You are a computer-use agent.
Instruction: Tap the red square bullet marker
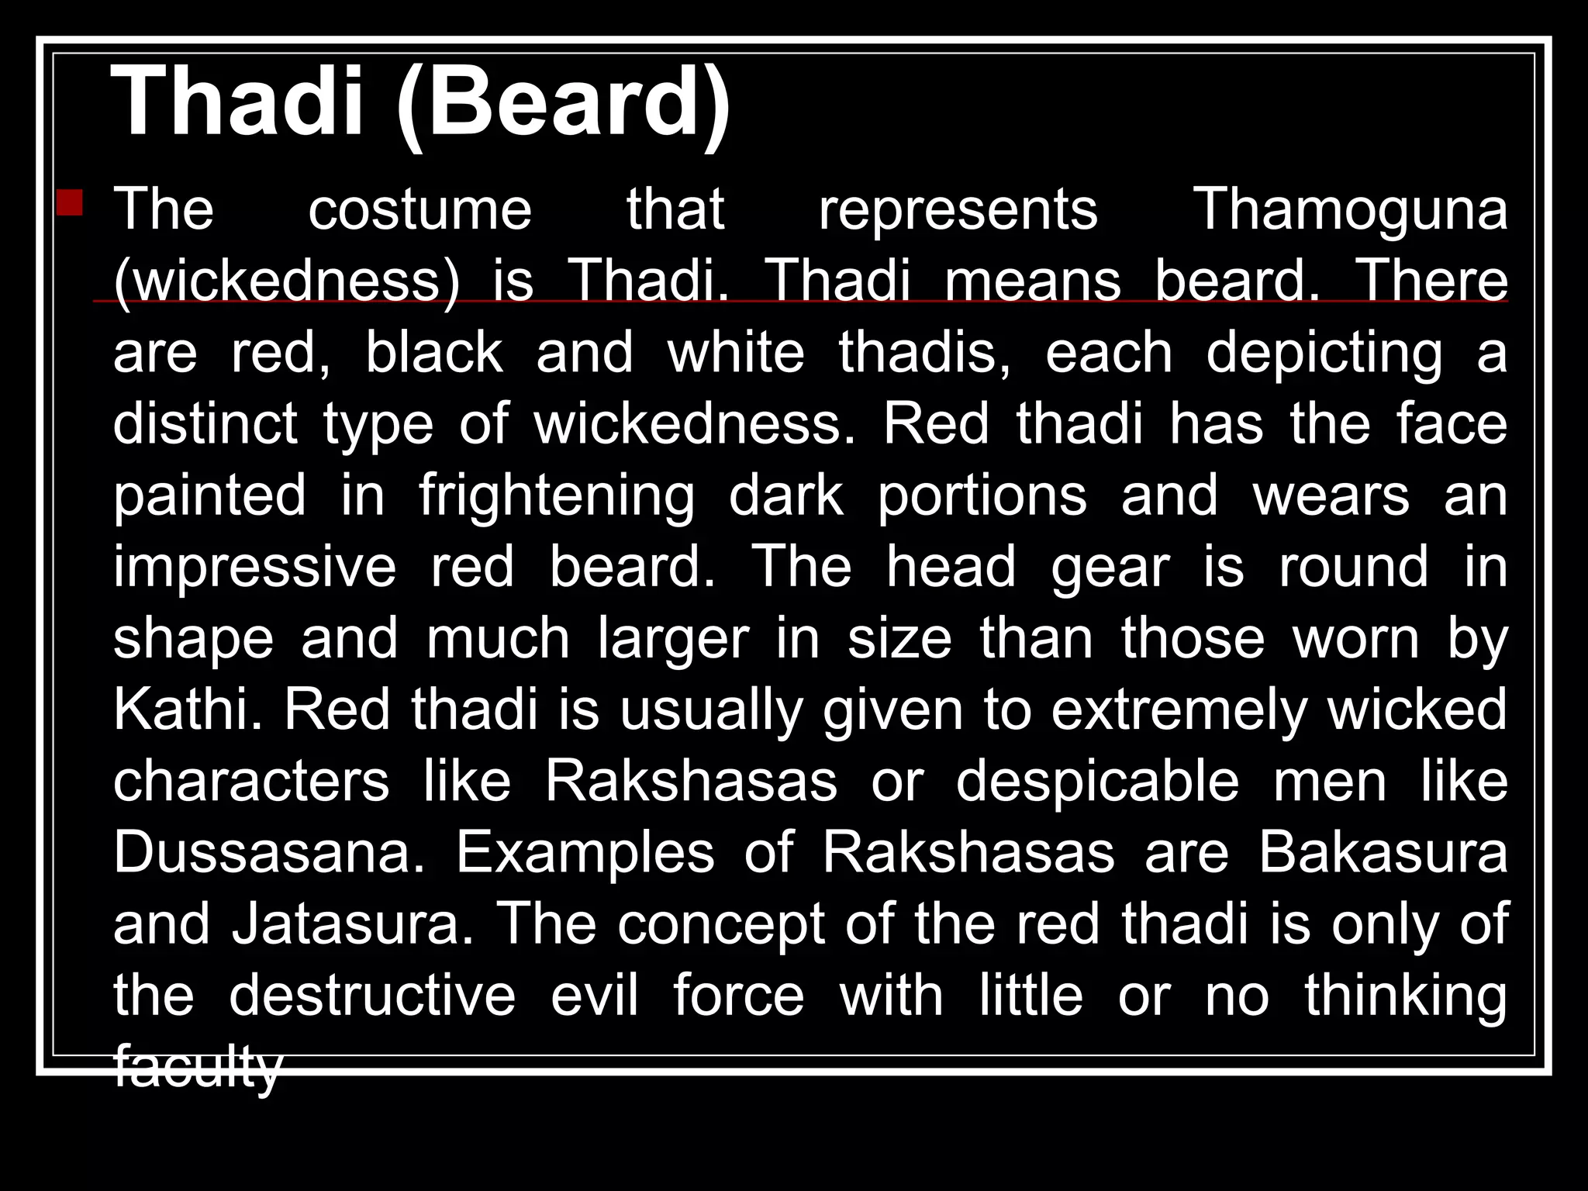(70, 203)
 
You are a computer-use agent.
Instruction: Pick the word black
(433, 353)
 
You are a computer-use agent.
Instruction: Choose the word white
(736, 353)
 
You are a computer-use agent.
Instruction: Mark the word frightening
(557, 496)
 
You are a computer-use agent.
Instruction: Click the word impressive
(254, 567)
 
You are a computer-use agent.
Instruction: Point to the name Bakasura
(1383, 853)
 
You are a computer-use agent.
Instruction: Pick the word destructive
(372, 996)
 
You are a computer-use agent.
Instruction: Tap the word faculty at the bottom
(197, 1068)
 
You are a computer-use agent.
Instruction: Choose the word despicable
(1097, 782)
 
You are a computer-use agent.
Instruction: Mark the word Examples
(585, 853)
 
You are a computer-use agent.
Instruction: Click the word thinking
(1406, 996)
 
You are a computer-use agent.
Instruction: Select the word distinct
(205, 424)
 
